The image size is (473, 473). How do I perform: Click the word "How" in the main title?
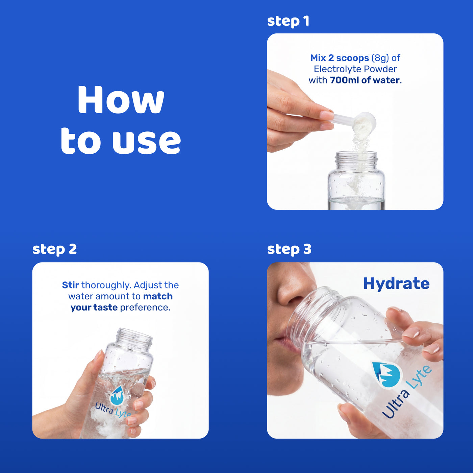(x=121, y=100)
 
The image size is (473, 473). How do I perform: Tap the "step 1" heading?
(x=288, y=21)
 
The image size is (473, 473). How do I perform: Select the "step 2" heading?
(x=54, y=249)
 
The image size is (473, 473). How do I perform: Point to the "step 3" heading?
(x=289, y=249)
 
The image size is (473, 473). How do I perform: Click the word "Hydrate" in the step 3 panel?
(x=396, y=284)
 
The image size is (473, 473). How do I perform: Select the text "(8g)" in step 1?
(x=380, y=58)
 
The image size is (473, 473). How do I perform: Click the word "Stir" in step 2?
(x=71, y=285)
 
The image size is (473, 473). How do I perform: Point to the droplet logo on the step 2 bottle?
(x=117, y=395)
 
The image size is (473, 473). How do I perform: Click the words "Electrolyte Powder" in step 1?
(x=355, y=69)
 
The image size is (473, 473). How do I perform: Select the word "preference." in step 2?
(x=145, y=308)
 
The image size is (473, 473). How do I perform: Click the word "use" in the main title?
(x=147, y=142)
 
